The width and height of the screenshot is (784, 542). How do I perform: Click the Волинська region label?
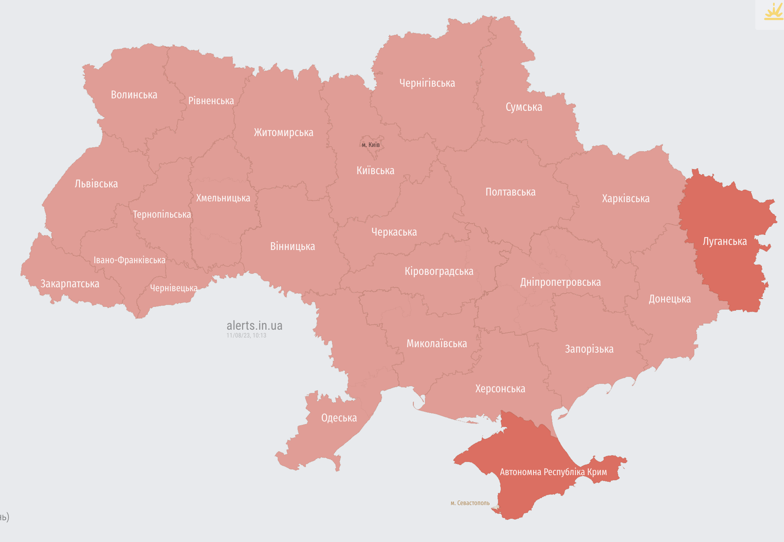click(x=134, y=95)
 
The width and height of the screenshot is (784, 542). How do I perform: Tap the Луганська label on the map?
click(x=725, y=241)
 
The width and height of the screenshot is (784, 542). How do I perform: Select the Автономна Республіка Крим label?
click(x=553, y=472)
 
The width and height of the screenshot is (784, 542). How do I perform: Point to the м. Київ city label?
click(x=371, y=145)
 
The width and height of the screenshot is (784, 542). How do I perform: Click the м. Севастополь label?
click(x=470, y=503)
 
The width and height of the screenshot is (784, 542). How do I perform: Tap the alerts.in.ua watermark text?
click(x=254, y=325)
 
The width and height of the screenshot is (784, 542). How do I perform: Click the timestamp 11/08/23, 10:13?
click(x=246, y=336)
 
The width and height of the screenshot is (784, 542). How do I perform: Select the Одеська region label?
click(x=339, y=418)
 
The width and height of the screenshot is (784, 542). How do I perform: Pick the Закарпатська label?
click(x=70, y=284)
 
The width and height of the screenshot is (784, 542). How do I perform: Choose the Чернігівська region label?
click(x=427, y=83)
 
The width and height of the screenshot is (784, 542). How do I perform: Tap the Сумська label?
click(x=524, y=107)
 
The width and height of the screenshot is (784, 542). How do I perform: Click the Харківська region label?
click(x=625, y=199)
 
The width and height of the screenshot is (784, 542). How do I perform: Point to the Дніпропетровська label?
click(x=560, y=282)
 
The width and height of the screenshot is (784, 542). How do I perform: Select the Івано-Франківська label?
click(x=129, y=260)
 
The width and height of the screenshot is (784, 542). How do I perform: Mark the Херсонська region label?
click(x=500, y=389)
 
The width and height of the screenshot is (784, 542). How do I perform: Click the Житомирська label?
click(x=284, y=133)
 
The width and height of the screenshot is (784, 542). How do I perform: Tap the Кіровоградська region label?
click(x=439, y=271)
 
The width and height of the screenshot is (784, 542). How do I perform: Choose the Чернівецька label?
click(x=174, y=288)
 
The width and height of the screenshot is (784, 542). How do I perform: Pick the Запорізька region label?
click(x=589, y=349)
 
